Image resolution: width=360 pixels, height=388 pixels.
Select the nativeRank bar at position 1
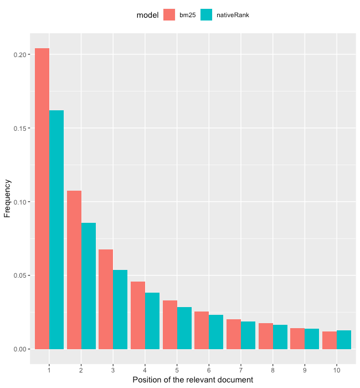(x=56, y=229)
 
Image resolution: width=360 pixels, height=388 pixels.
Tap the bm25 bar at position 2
(x=74, y=270)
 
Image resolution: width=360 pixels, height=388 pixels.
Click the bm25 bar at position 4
(x=138, y=315)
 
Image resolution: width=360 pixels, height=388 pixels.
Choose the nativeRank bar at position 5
(x=184, y=328)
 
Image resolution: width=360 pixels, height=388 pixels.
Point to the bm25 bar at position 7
(x=233, y=334)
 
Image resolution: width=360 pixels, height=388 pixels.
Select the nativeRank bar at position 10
(x=344, y=340)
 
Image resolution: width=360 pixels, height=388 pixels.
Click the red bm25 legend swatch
(x=169, y=15)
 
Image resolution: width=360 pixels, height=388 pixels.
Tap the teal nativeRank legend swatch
(x=207, y=15)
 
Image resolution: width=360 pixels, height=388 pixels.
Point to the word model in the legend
(x=147, y=15)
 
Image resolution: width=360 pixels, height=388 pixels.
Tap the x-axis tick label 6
(x=209, y=369)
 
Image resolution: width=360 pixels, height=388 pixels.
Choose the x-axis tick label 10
(x=337, y=369)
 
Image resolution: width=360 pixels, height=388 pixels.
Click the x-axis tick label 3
(x=113, y=369)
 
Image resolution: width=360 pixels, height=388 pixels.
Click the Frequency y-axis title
(x=8, y=198)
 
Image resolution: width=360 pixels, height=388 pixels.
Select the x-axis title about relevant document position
(x=193, y=380)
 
